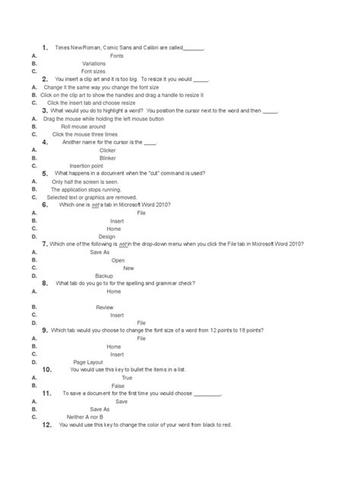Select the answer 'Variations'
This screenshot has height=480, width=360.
click(x=94, y=64)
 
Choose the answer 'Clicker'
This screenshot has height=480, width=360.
click(x=107, y=150)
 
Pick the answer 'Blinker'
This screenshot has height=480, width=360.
click(x=108, y=158)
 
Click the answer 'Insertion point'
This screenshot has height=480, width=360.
click(x=86, y=166)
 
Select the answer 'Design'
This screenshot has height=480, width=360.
click(x=107, y=236)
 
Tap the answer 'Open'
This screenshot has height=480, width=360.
click(x=118, y=260)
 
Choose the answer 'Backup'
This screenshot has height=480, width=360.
click(x=104, y=276)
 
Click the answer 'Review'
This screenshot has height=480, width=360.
click(x=105, y=307)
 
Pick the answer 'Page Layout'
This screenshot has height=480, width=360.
click(x=88, y=362)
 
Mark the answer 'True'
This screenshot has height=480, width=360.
click(x=127, y=377)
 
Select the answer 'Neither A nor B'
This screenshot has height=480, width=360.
click(x=84, y=416)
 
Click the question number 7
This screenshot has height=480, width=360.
click(x=46, y=244)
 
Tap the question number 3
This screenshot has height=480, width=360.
click(x=46, y=110)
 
